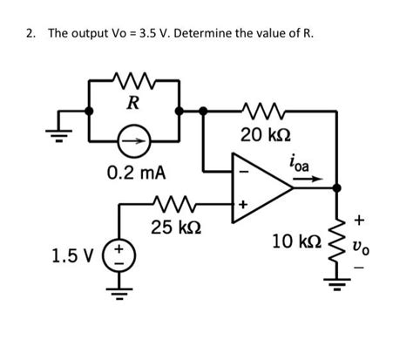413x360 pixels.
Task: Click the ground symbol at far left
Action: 60,123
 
